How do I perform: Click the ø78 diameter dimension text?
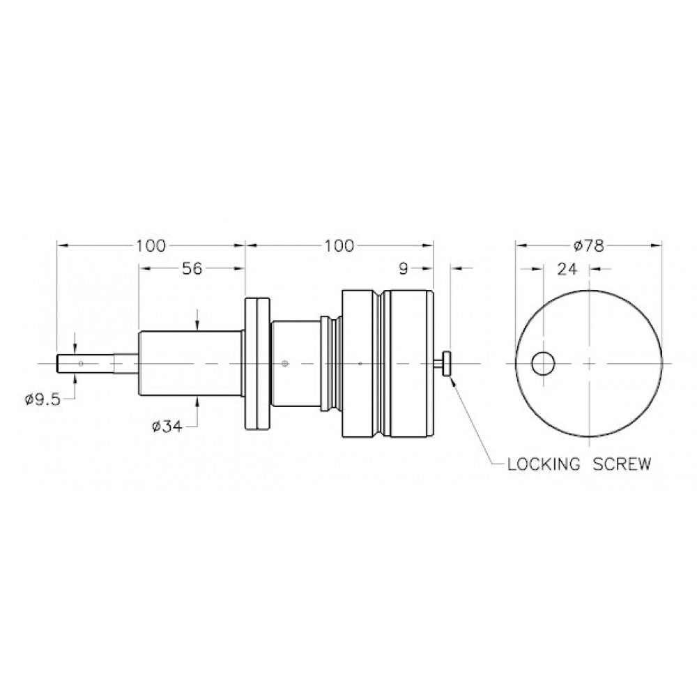pyautogui.click(x=588, y=245)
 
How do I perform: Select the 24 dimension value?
pyautogui.click(x=566, y=270)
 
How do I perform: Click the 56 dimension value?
pyautogui.click(x=192, y=269)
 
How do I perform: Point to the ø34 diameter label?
pyautogui.click(x=166, y=426)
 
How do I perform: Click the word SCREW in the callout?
pyautogui.click(x=622, y=464)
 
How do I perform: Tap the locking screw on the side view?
pyautogui.click(x=444, y=363)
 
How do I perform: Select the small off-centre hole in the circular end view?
pyautogui.click(x=543, y=363)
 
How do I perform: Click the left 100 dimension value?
pyautogui.click(x=151, y=245)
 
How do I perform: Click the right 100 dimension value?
pyautogui.click(x=339, y=245)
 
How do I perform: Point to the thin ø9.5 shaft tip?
pyautogui.click(x=84, y=363)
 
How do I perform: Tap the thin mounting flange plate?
pyautogui.click(x=256, y=363)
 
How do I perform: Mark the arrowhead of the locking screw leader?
pyautogui.click(x=452, y=378)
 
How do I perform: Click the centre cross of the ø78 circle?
pyautogui.click(x=590, y=363)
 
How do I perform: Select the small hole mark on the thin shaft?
pyautogui.click(x=82, y=363)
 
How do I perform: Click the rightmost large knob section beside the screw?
pyautogui.click(x=411, y=363)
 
